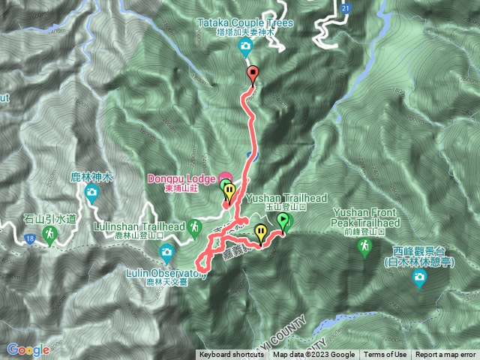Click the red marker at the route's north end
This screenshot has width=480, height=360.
tap(252, 73)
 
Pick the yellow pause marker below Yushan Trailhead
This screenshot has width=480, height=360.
tap(260, 231)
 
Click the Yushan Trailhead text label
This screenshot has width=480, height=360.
tap(286, 198)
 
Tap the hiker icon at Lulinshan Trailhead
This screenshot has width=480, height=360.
tap(196, 225)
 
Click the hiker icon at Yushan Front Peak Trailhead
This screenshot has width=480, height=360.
tap(366, 247)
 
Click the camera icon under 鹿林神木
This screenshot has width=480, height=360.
tap(91, 193)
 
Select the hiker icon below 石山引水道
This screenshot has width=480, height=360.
tap(50, 235)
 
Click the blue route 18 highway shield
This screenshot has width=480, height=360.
tap(29, 238)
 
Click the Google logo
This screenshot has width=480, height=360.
tap(28, 349)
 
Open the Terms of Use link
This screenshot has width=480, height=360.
tap(385, 355)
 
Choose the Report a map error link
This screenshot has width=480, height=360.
tap(445, 355)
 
